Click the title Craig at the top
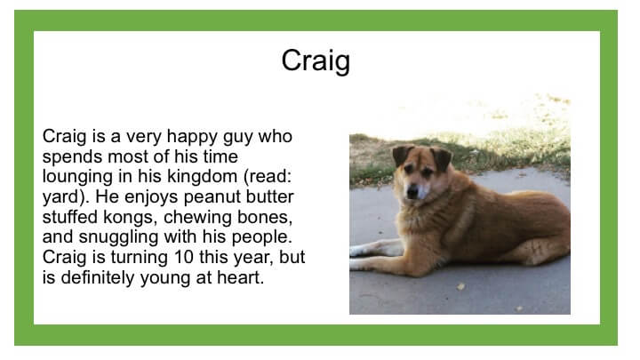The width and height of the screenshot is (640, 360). pos(316,61)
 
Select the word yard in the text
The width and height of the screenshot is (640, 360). pos(62,197)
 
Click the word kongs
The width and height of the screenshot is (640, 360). pos(130,217)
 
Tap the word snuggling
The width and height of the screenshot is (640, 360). pos(118,237)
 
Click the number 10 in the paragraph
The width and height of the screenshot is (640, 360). pos(183,257)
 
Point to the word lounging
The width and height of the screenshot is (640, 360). pos(77,177)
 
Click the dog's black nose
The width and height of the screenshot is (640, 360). pos(412,190)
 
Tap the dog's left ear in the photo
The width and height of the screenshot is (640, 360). pos(402,156)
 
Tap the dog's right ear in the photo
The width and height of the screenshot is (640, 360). pos(442,158)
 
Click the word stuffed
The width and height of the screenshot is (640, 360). pos(70,217)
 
